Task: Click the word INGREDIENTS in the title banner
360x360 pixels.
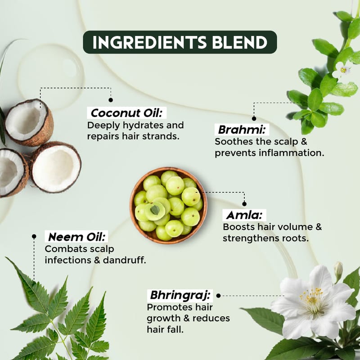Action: (x=149, y=42)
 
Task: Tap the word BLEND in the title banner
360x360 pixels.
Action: (x=240, y=42)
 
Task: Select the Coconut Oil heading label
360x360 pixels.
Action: (x=127, y=113)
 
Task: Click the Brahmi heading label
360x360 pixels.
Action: (x=242, y=130)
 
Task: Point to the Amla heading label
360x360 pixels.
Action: (x=244, y=215)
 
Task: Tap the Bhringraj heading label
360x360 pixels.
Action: (x=180, y=295)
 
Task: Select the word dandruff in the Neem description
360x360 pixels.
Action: (x=124, y=260)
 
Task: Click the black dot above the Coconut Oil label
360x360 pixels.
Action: (x=111, y=100)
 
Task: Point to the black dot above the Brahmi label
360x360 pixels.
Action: (x=254, y=118)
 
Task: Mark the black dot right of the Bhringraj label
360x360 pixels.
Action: (x=218, y=296)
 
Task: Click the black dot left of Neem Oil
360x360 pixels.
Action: (x=34, y=236)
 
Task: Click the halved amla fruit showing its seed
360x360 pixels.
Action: (x=155, y=211)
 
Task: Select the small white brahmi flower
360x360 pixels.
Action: (x=342, y=70)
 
